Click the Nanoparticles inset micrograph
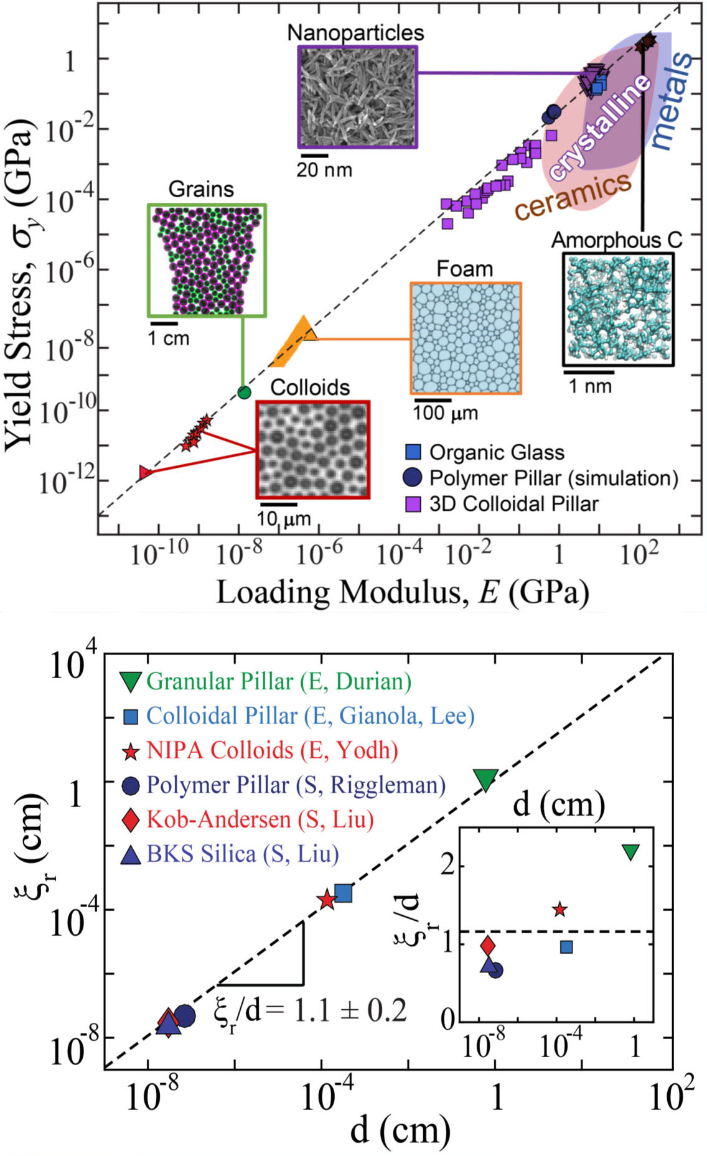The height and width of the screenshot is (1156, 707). [357, 96]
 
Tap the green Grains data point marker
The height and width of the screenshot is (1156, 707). [245, 392]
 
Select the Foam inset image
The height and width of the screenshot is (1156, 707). [466, 338]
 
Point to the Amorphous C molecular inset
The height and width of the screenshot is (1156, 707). [618, 309]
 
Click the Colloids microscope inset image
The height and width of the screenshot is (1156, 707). [313, 449]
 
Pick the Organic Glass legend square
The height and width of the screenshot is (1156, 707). [413, 452]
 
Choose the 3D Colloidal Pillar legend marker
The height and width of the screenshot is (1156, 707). [413, 503]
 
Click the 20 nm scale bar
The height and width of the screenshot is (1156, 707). [314, 155]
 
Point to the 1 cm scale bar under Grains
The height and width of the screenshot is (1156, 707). [164, 323]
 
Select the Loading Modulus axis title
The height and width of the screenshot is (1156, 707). [402, 592]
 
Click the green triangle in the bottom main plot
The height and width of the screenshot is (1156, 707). [485, 779]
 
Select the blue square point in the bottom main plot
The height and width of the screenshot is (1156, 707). [343, 893]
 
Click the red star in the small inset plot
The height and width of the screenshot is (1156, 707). [560, 909]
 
